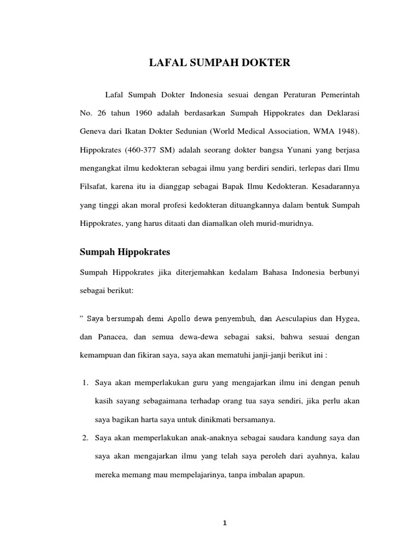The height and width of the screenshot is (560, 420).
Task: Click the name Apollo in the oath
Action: [x=179, y=318]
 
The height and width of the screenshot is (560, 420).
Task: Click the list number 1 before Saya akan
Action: [x=85, y=381]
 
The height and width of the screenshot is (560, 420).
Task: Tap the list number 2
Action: [x=85, y=438]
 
